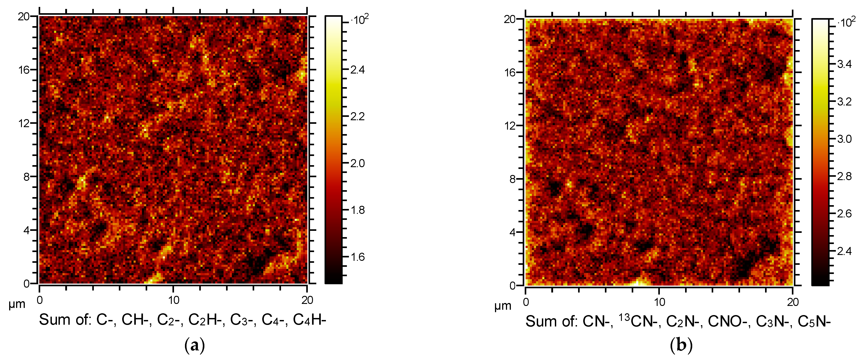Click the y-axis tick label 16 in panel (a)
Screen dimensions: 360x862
pyautogui.click(x=24, y=70)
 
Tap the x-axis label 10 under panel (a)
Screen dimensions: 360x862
pyautogui.click(x=174, y=300)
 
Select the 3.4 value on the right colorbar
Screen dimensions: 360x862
pyautogui.click(x=844, y=64)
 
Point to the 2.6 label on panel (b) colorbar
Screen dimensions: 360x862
pyautogui.click(x=844, y=214)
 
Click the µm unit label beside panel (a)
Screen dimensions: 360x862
pyautogui.click(x=17, y=304)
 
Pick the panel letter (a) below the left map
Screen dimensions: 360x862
pyautogui.click(x=194, y=345)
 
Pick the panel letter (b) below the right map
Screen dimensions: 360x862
pyautogui.click(x=681, y=345)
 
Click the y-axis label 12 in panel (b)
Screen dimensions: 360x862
pyautogui.click(x=510, y=126)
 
